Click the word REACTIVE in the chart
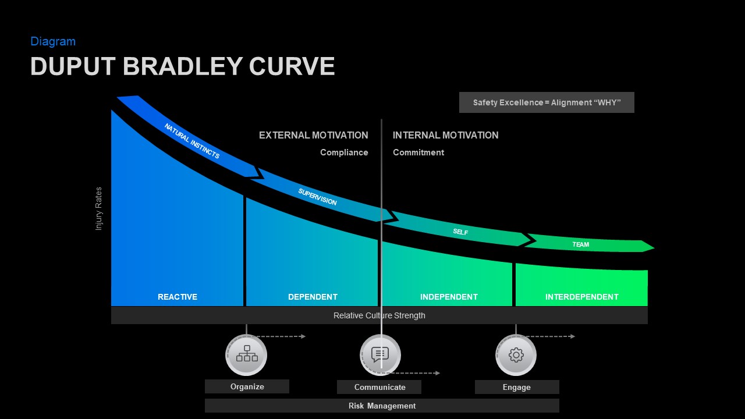point(178,297)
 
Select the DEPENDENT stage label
point(313,297)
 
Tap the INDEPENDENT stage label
point(449,297)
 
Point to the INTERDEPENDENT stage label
point(581,297)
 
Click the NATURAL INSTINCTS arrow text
point(191,141)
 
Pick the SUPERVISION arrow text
point(317,197)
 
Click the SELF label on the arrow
point(460,232)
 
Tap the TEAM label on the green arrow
point(580,244)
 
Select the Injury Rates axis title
point(99,208)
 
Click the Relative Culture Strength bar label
point(379,315)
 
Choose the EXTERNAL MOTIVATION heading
point(313,135)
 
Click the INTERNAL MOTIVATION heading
point(445,135)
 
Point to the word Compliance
point(344,152)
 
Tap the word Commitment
point(418,152)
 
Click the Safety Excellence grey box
point(547,102)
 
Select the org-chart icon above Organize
point(247,354)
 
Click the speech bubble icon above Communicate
point(380,354)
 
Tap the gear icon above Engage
point(516,355)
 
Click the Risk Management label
point(382,406)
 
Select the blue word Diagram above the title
point(53,41)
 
